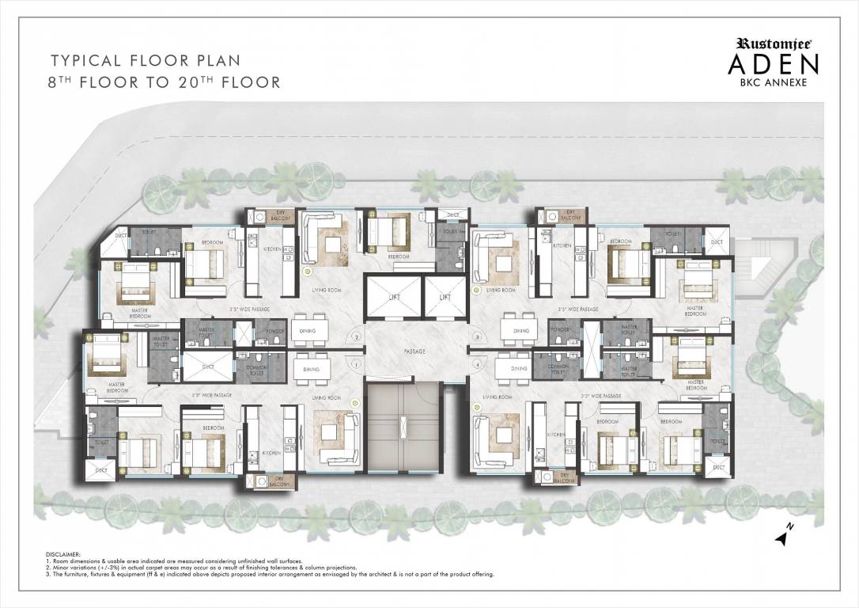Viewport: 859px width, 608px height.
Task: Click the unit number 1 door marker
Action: point(357,364)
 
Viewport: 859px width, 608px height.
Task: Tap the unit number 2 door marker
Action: point(357,337)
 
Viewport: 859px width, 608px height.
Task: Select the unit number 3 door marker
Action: point(477,337)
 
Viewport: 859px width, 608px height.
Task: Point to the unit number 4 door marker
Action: point(477,364)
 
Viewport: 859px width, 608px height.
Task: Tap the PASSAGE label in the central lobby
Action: point(414,351)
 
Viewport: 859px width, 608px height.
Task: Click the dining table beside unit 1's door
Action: point(305,368)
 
